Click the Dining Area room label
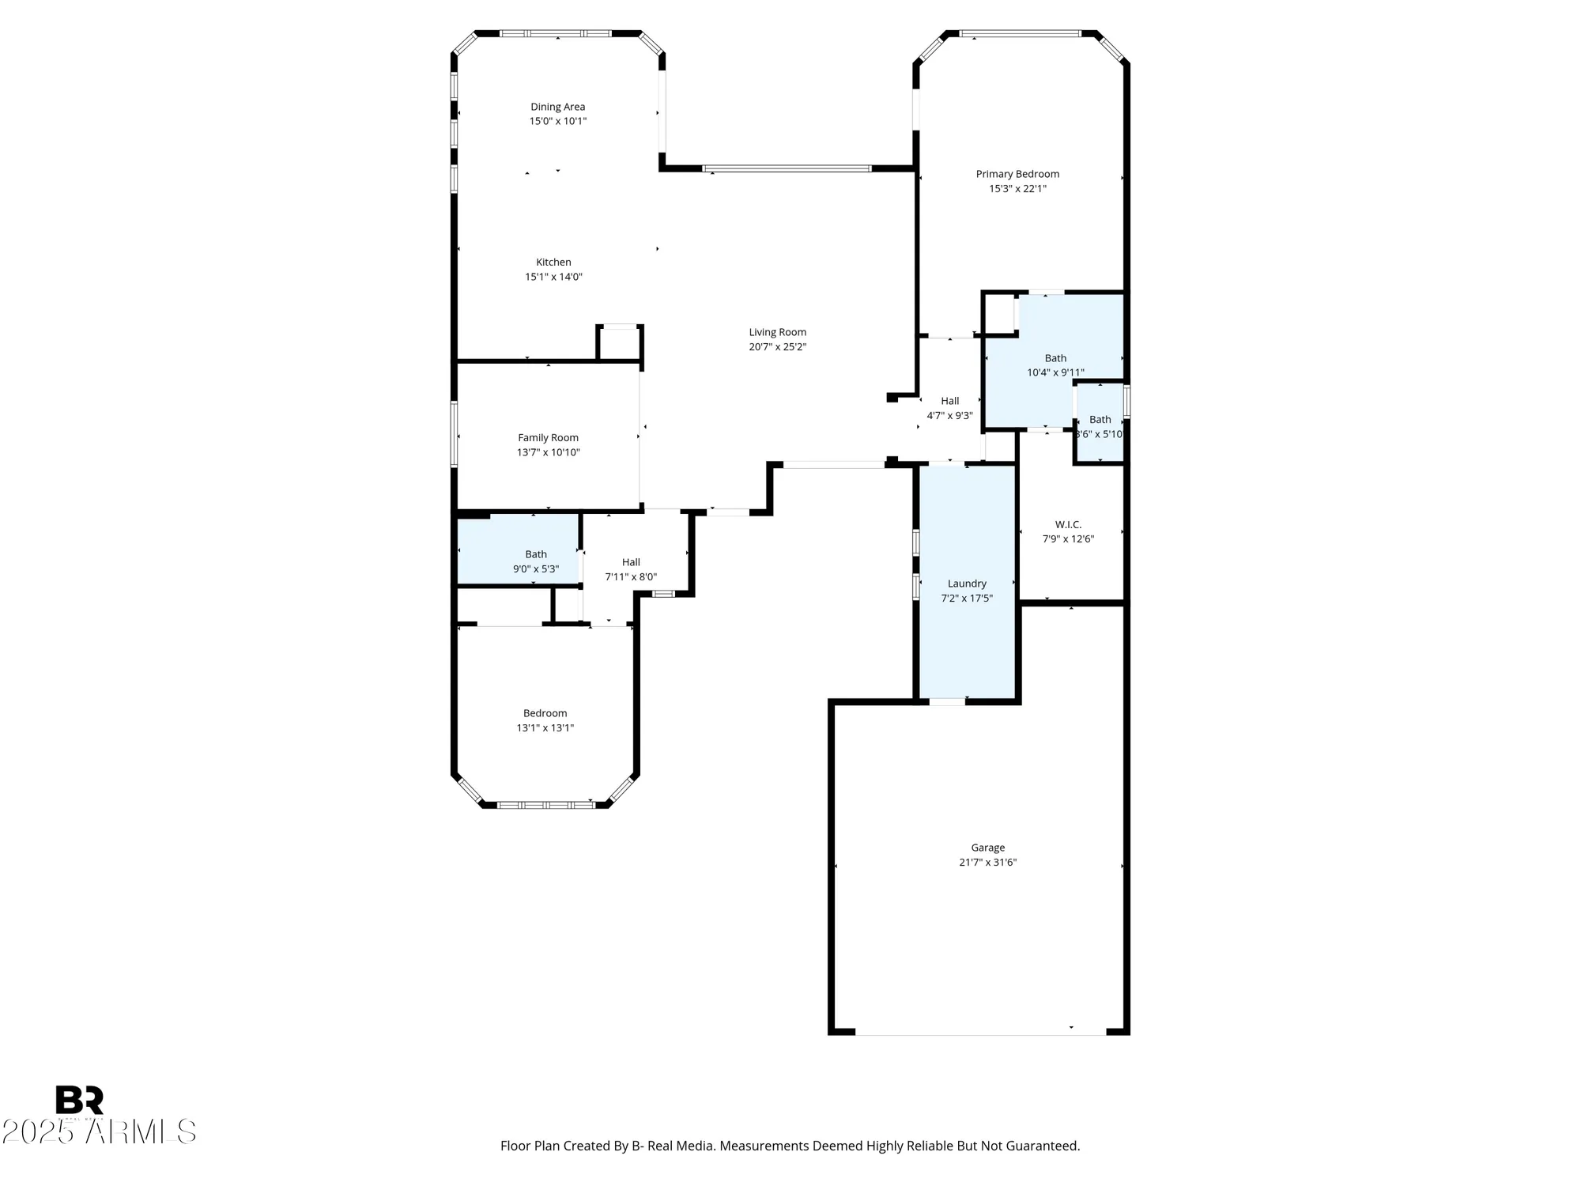557,107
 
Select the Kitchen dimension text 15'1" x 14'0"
553,277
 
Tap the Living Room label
777,332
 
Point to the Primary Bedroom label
1017,174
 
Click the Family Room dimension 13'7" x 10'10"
548,452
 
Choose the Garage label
987,848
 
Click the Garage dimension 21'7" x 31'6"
987,863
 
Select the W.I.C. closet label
1068,525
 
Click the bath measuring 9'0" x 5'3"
535,561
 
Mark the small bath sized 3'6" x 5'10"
1100,427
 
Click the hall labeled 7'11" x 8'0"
630,569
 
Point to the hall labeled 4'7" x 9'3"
949,408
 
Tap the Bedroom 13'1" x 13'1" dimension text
545,728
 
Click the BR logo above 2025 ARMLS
79,1101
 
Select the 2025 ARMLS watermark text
99,1132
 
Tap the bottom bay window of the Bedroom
545,805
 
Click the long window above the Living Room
787,168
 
